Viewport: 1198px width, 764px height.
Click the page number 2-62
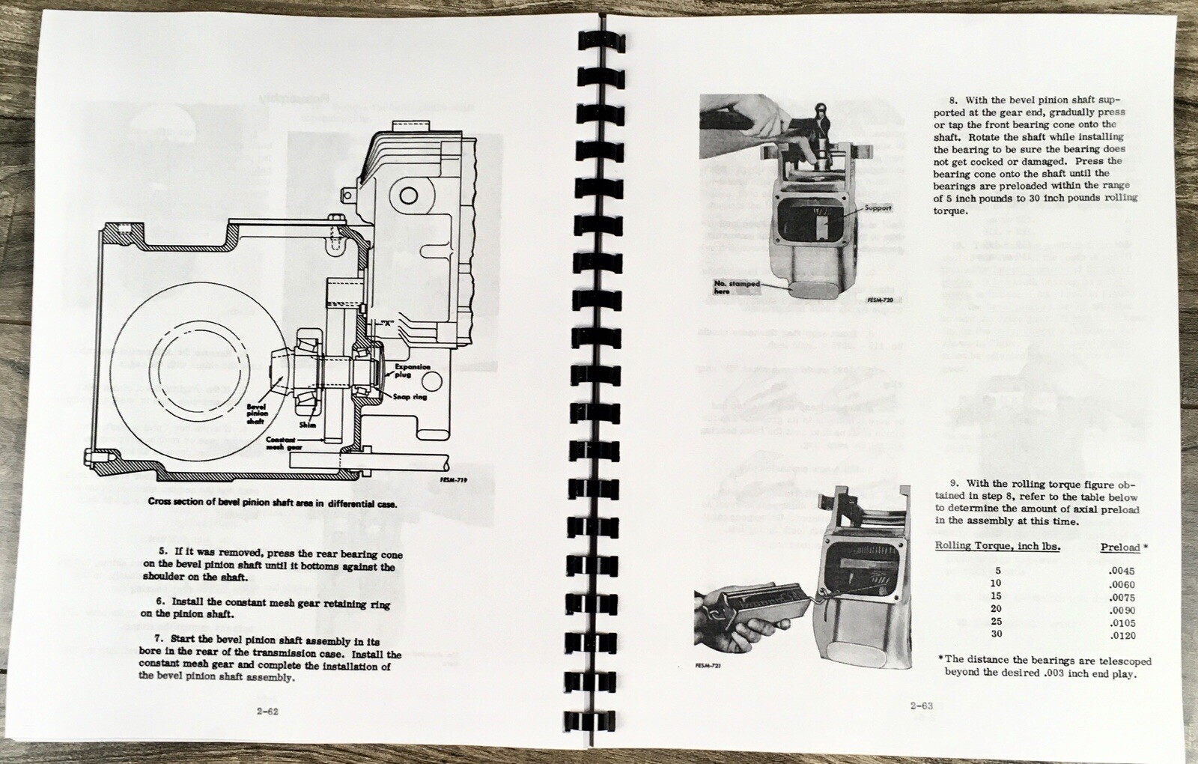pos(267,712)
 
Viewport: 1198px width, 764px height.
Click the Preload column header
pos(1121,548)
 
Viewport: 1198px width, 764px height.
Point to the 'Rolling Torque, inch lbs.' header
pos(997,546)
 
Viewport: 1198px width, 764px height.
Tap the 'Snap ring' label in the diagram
pos(410,396)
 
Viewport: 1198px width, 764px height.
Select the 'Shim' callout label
pos(308,425)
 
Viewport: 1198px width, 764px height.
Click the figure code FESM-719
pos(449,479)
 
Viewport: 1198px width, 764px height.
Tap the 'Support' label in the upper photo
pos(878,207)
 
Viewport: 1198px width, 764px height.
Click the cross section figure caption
pos(272,503)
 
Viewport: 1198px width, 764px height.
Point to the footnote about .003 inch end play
pos(1045,667)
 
